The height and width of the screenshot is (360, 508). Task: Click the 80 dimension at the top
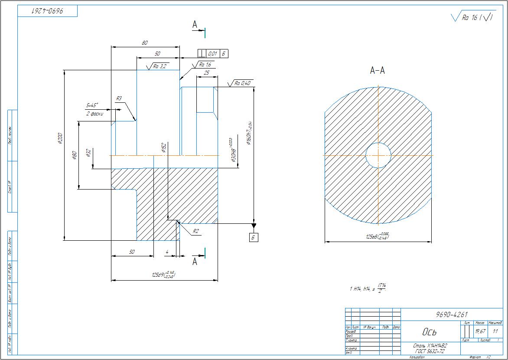145,43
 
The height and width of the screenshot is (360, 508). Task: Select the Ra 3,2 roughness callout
159,66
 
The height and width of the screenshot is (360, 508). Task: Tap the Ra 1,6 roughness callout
205,65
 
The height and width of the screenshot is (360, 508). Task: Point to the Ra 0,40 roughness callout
243,83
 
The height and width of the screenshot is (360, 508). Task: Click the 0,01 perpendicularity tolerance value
212,54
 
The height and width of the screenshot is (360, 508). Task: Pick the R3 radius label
119,99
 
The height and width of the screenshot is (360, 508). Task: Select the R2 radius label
196,231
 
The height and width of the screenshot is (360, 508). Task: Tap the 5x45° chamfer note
92,105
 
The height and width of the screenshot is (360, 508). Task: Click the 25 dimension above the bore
206,73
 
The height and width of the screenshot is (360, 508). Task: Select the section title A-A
378,71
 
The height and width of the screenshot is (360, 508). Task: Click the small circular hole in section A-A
378,155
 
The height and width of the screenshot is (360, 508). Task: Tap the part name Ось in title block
429,332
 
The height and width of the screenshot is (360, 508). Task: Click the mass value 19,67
479,331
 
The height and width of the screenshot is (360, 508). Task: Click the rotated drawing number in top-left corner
47,11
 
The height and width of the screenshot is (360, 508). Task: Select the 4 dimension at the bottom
167,252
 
